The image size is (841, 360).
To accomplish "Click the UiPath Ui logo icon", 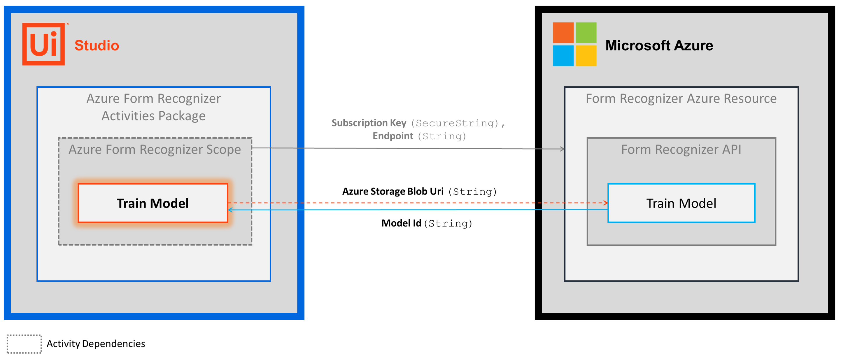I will (x=43, y=44).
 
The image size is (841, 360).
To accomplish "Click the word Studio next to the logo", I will (x=97, y=45).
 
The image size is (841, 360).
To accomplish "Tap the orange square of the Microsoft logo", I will (x=563, y=33).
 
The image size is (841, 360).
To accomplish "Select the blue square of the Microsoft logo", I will (x=563, y=55).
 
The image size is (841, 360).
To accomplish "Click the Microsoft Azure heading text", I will (x=659, y=45).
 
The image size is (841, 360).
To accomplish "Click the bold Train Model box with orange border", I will (x=153, y=203).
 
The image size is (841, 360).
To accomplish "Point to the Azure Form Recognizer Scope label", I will (x=155, y=150).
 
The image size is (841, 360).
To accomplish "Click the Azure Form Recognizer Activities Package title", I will (x=153, y=107).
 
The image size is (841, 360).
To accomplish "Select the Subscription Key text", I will (x=369, y=123).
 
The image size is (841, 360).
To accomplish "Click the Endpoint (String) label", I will (x=419, y=136).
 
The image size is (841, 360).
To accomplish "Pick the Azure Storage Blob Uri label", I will (x=393, y=191).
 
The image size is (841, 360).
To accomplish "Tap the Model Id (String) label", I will (x=426, y=223).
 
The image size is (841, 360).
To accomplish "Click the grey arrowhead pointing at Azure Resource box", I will (x=562, y=149).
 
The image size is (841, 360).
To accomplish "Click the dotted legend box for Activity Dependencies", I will (x=24, y=344).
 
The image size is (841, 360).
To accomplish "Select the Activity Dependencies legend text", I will (x=96, y=344).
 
